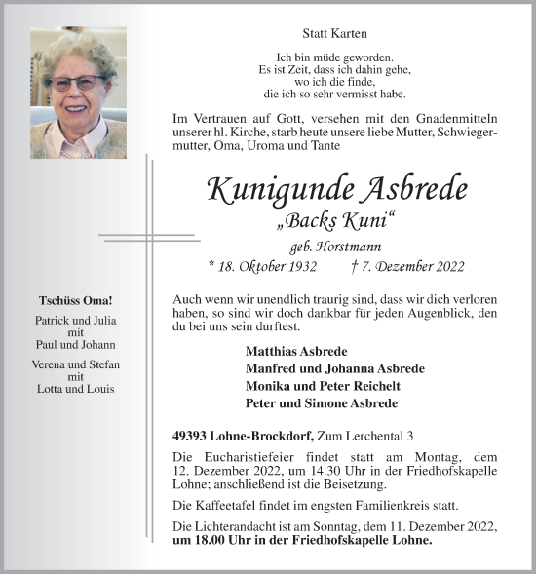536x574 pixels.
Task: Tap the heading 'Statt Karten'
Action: pos(336,35)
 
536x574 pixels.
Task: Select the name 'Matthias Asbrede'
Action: pos(296,351)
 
